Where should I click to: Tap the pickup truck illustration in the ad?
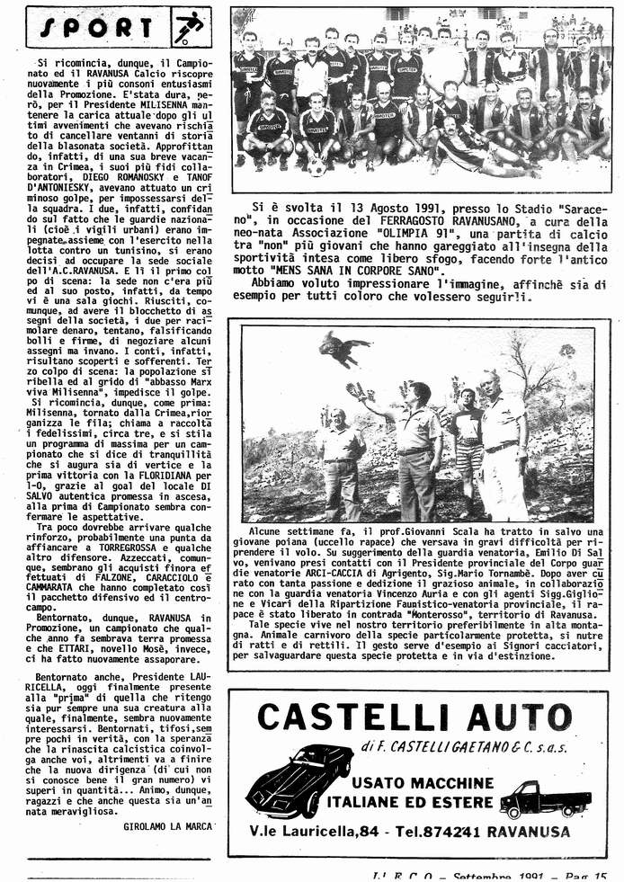click(545, 796)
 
